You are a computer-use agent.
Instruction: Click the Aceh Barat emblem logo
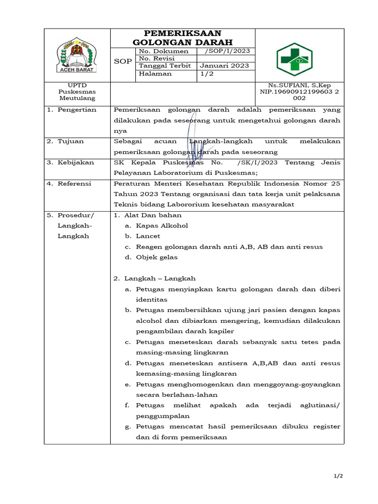coord(77,55)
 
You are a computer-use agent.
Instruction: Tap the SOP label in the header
coord(123,62)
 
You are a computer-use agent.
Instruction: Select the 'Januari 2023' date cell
coord(224,65)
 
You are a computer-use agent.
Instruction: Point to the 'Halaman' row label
coord(156,73)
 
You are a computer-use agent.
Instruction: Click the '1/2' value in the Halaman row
coord(205,73)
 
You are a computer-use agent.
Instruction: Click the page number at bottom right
coord(338,476)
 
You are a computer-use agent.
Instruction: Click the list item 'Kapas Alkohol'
coord(162,225)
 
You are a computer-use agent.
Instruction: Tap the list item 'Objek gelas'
coord(157,257)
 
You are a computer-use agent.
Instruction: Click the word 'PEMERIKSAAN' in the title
coord(183,33)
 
